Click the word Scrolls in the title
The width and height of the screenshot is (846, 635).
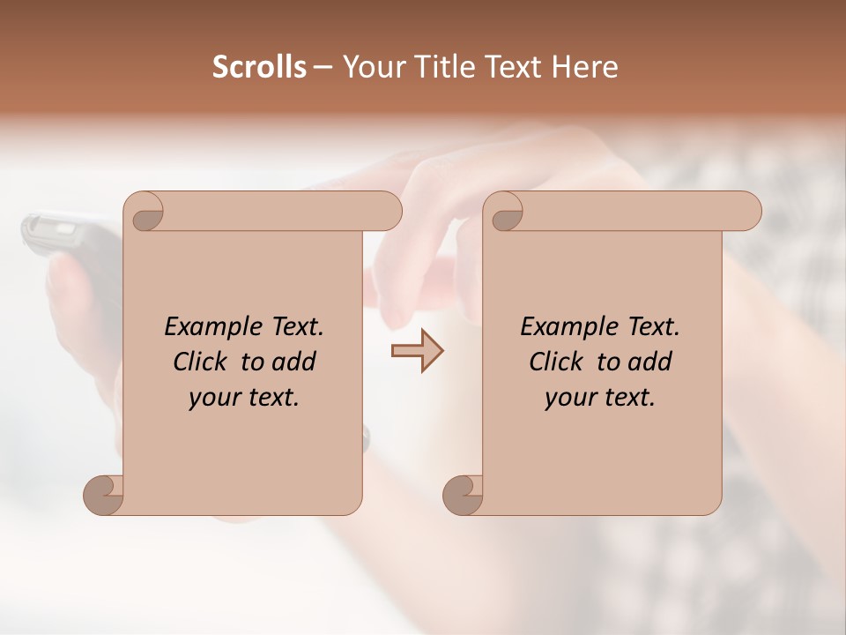(x=260, y=67)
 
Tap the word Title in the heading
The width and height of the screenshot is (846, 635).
(x=445, y=67)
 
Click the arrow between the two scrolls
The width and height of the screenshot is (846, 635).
(x=417, y=351)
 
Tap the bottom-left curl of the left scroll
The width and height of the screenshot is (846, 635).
(x=103, y=495)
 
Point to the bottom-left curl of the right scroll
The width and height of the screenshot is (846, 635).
(x=463, y=495)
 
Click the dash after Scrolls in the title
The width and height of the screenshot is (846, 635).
(x=323, y=68)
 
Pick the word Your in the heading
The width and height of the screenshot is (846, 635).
(x=376, y=67)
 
